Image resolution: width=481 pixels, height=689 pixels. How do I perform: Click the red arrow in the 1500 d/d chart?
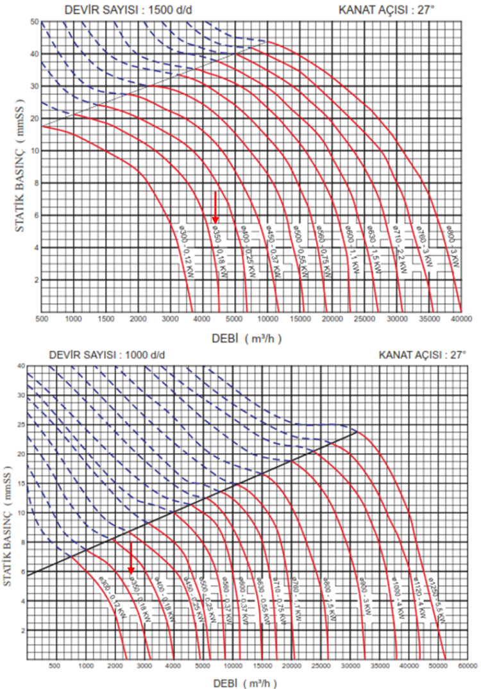(x=215, y=208)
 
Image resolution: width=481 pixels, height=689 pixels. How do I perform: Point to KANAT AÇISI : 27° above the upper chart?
(x=397, y=10)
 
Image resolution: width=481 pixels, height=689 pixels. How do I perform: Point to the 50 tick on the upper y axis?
(x=35, y=22)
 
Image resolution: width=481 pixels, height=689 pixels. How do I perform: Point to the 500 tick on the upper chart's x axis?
(x=42, y=319)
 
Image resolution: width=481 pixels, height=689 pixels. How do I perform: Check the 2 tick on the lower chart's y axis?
(x=22, y=631)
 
